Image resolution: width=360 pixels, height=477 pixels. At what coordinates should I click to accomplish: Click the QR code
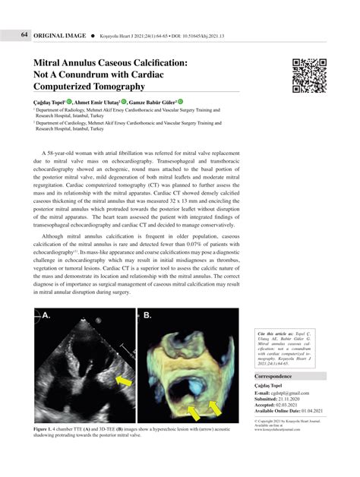pyautogui.click(x=309, y=75)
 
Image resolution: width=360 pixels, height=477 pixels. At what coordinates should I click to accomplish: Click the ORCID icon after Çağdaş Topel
pyautogui.click(x=68, y=100)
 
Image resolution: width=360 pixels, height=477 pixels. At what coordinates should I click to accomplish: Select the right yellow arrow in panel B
pyautogui.click(x=213, y=409)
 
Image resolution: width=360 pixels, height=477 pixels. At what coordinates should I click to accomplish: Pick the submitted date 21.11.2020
pyautogui.click(x=304, y=398)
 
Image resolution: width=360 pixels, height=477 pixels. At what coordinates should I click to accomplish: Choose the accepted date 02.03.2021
pyautogui.click(x=302, y=405)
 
